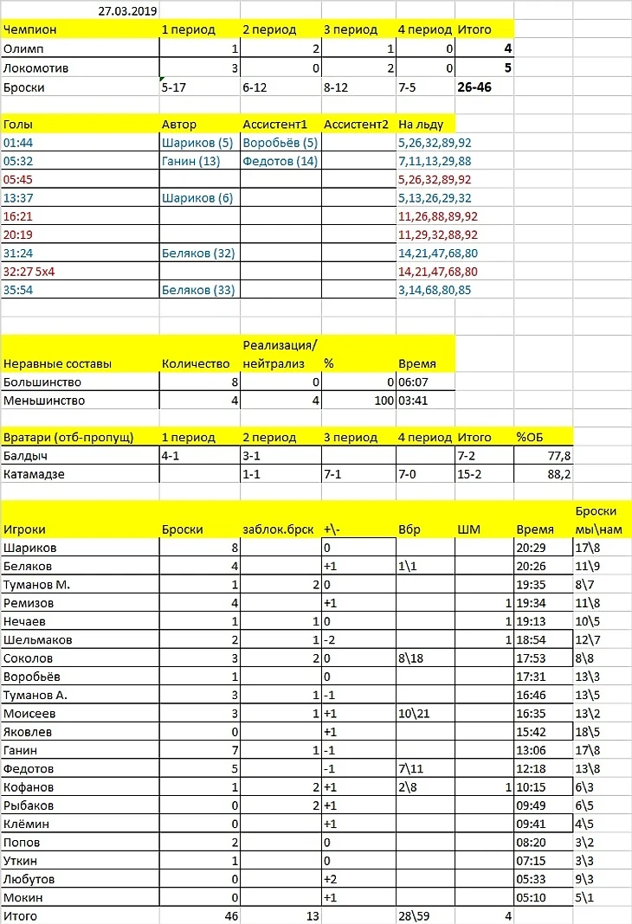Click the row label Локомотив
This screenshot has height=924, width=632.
point(36,67)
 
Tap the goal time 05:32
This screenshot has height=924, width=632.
point(18,161)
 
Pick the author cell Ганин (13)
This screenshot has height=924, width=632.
point(190,161)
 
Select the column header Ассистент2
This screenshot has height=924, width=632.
point(355,123)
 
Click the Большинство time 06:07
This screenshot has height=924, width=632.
point(413,382)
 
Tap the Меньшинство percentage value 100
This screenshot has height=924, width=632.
point(378,401)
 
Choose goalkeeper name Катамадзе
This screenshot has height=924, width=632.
point(34,474)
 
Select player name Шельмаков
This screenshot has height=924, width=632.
point(38,639)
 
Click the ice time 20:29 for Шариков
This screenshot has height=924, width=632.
point(531,548)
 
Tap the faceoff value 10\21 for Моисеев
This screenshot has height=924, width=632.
point(415,713)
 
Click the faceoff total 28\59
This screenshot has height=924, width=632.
point(414,914)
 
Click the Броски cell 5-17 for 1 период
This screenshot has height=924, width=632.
point(176,87)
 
